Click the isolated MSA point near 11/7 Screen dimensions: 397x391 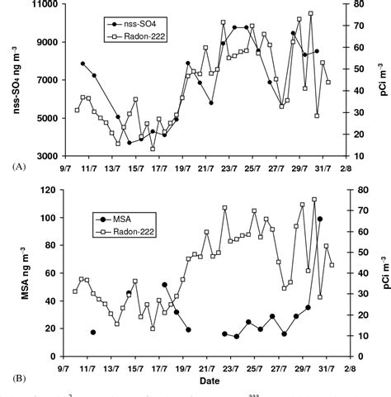[x=93, y=333]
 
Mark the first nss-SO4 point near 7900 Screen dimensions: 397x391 [x=82, y=64]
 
